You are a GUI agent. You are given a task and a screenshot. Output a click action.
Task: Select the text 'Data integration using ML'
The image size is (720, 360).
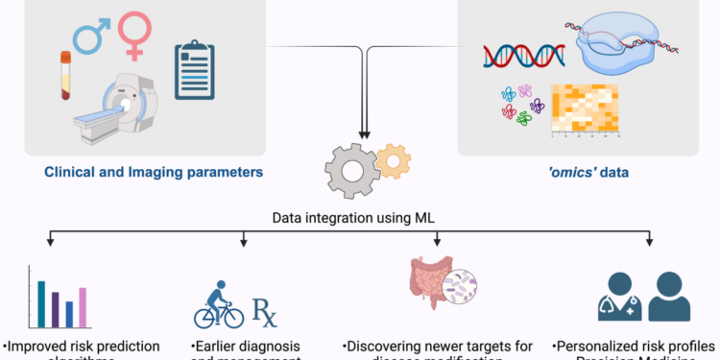pyautogui.click(x=358, y=220)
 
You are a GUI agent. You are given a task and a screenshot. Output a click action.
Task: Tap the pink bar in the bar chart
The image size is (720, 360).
pyautogui.click(x=83, y=307)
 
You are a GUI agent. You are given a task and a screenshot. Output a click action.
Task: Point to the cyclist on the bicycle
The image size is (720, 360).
pyautogui.click(x=219, y=305)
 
